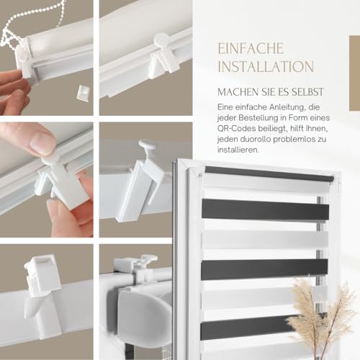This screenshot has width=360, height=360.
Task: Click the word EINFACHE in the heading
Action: click(251, 48)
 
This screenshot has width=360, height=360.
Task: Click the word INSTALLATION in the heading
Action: click(266, 66)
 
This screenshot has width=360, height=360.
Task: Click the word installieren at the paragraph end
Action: click(238, 150)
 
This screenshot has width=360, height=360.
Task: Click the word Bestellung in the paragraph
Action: click(261, 118)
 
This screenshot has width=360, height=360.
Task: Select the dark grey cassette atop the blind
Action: click(269, 174)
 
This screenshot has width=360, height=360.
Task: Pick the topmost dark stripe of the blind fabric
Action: click(265, 210)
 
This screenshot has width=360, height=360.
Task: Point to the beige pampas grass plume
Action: click(320, 317)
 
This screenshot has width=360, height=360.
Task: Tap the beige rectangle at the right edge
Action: click(354, 73)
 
